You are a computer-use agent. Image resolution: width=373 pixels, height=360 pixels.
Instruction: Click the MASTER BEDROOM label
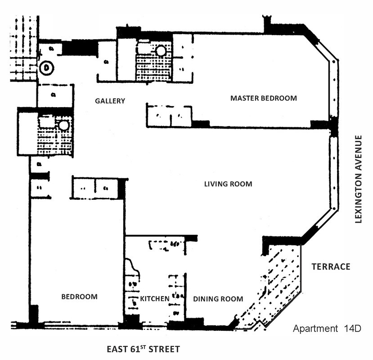pyautogui.click(x=264, y=98)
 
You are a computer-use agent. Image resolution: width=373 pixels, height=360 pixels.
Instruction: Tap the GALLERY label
pyautogui.click(x=110, y=101)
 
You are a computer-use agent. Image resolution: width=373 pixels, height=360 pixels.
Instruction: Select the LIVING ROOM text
pyautogui.click(x=228, y=184)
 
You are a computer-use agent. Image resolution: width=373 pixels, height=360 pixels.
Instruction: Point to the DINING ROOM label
pyautogui.click(x=218, y=299)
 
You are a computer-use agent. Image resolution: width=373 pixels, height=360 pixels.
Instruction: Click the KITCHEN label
pyautogui.click(x=154, y=299)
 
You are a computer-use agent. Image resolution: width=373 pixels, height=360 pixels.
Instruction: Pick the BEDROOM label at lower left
pyautogui.click(x=79, y=297)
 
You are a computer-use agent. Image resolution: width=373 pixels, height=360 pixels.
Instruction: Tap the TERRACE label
pyautogui.click(x=331, y=267)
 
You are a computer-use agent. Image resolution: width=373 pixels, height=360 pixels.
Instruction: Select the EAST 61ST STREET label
pyautogui.click(x=143, y=349)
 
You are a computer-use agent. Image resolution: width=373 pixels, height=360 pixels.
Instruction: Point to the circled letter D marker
pyautogui.click(x=47, y=68)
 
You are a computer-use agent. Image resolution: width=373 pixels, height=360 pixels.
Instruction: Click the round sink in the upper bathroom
pyautogui.click(x=161, y=51)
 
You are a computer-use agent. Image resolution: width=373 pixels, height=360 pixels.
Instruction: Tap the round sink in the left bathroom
pyautogui.click(x=63, y=126)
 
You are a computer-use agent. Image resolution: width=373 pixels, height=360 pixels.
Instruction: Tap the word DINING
pyautogui.click(x=206, y=299)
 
